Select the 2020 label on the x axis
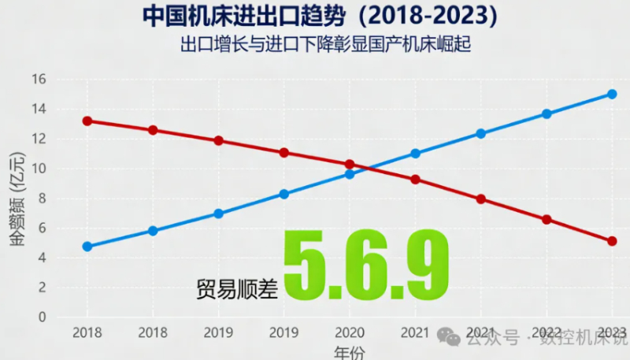pyautogui.click(x=350, y=333)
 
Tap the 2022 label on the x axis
pyautogui.click(x=547, y=333)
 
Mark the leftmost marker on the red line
pyautogui.click(x=87, y=121)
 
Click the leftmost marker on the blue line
pyautogui.click(x=87, y=247)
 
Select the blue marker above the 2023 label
pyautogui.click(x=612, y=94)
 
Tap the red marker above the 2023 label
pyautogui.click(x=612, y=241)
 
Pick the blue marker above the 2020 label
pyautogui.click(x=350, y=174)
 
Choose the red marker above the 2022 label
pyautogui.click(x=547, y=220)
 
